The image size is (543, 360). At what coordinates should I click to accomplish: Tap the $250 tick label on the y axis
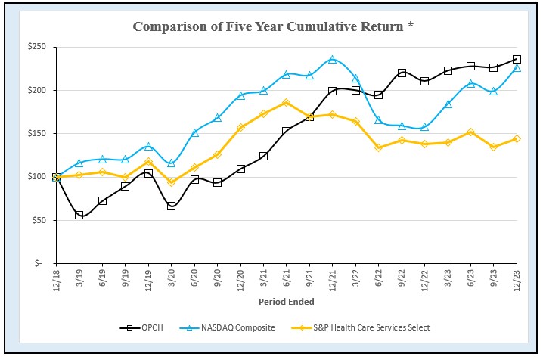36,47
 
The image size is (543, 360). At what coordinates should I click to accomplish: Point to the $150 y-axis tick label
36,134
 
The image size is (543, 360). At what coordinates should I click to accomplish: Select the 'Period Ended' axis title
286,301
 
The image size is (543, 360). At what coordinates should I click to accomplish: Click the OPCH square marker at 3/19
79,216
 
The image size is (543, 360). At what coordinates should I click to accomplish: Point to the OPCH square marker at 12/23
517,59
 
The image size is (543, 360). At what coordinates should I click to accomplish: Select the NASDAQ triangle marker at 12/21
333,59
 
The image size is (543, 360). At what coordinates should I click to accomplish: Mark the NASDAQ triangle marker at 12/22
425,127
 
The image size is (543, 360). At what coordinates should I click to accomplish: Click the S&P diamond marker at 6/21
287,103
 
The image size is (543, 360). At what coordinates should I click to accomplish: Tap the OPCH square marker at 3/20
172,206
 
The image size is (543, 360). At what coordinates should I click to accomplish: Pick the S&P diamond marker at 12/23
517,139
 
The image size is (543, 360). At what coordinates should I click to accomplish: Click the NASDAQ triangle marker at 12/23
517,68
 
